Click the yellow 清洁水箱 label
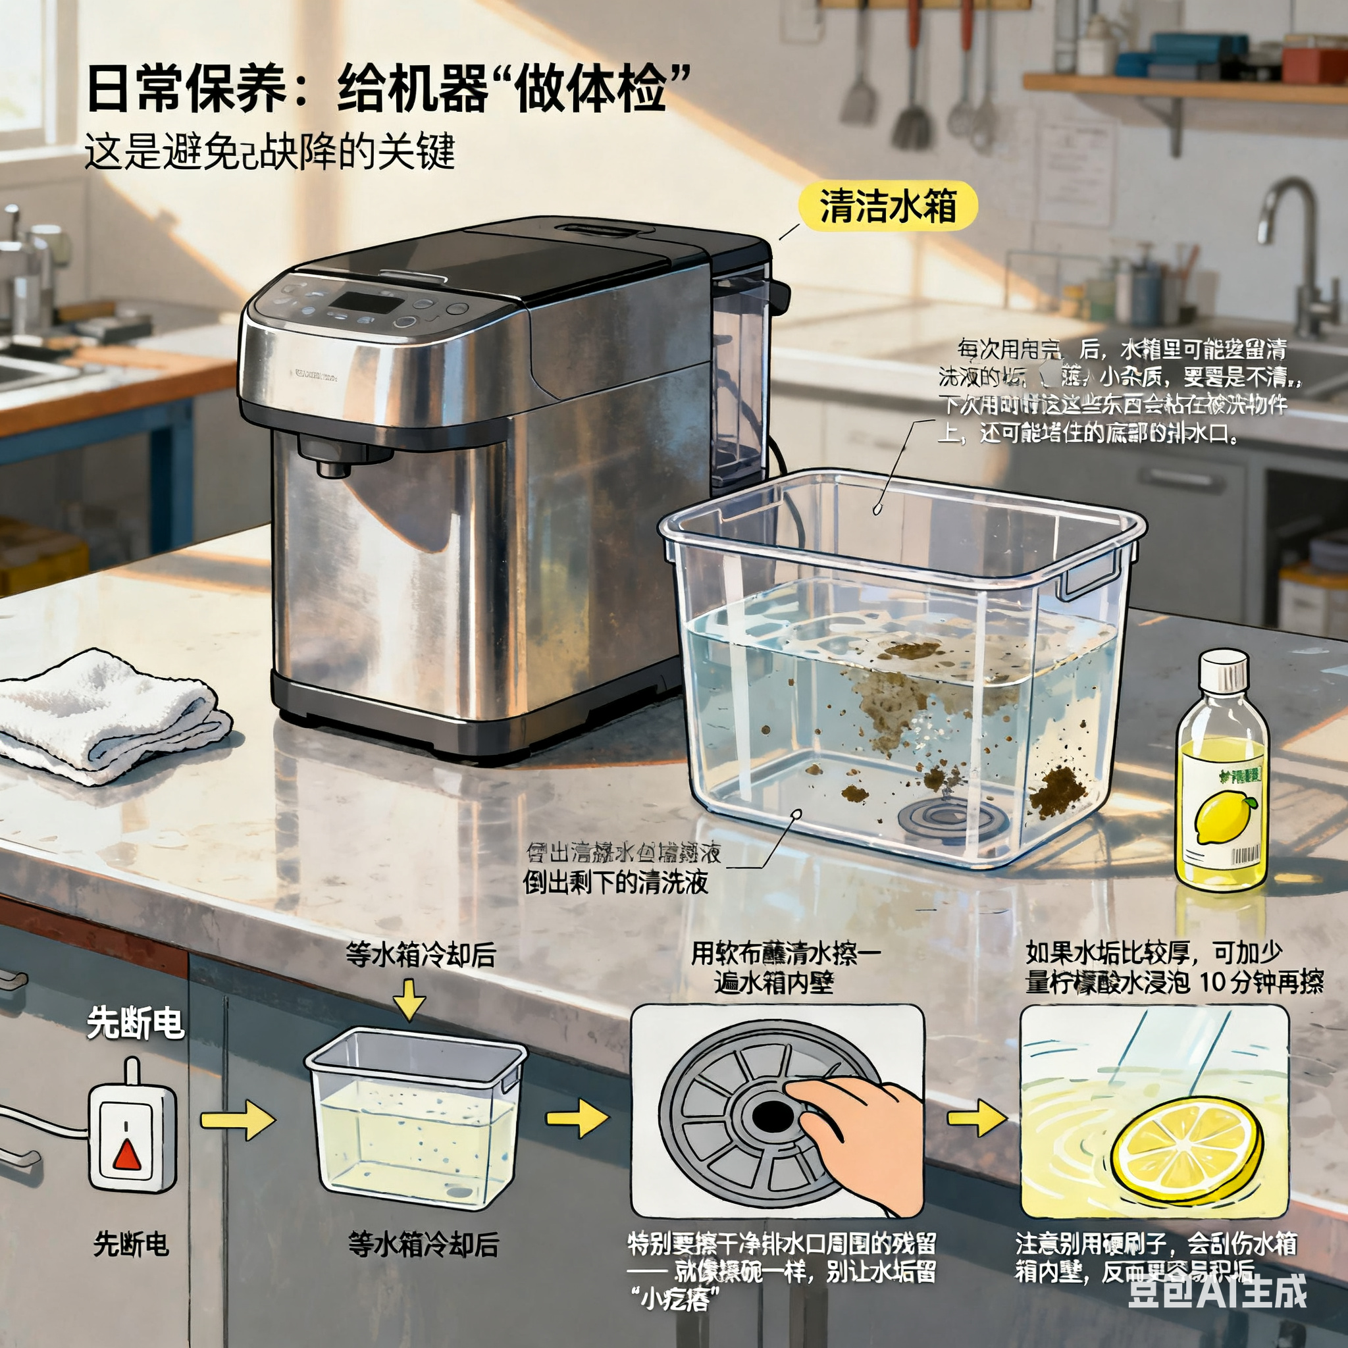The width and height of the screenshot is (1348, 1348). click(887, 207)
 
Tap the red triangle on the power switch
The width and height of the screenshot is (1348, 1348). click(128, 1154)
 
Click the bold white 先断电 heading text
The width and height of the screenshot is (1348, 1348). click(136, 1024)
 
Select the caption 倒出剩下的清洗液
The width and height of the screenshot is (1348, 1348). click(615, 883)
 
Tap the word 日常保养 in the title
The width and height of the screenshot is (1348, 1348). click(186, 90)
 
